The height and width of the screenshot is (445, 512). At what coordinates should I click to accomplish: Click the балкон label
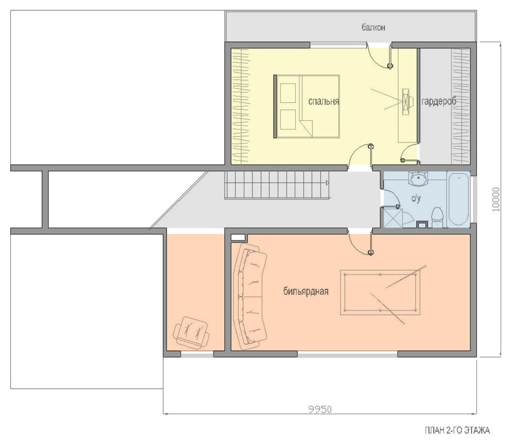(x=373, y=28)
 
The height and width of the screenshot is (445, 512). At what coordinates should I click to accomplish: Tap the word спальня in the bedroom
(x=323, y=102)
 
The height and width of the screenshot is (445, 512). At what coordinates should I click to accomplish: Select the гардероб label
(x=439, y=101)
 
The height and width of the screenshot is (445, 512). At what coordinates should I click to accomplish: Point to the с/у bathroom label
(x=416, y=198)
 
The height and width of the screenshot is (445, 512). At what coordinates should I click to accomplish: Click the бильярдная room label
(x=305, y=291)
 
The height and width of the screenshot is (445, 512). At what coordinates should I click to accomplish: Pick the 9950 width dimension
(x=320, y=409)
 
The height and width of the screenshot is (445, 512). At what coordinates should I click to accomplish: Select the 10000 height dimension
(x=496, y=199)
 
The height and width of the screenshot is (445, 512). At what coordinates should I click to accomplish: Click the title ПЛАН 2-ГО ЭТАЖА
(x=457, y=430)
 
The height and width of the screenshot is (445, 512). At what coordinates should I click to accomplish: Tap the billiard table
(x=380, y=292)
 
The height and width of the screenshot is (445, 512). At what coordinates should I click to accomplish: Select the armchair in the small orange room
(x=191, y=333)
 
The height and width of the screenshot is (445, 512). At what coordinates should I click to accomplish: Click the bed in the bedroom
(x=307, y=106)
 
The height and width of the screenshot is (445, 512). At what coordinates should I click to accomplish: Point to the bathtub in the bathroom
(x=459, y=199)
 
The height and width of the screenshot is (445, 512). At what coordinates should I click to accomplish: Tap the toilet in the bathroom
(x=437, y=218)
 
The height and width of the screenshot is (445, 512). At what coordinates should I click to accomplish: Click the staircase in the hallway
(x=277, y=185)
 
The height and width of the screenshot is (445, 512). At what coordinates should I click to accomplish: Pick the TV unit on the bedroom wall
(x=405, y=101)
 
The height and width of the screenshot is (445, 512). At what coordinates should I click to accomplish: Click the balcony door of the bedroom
(x=380, y=56)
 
